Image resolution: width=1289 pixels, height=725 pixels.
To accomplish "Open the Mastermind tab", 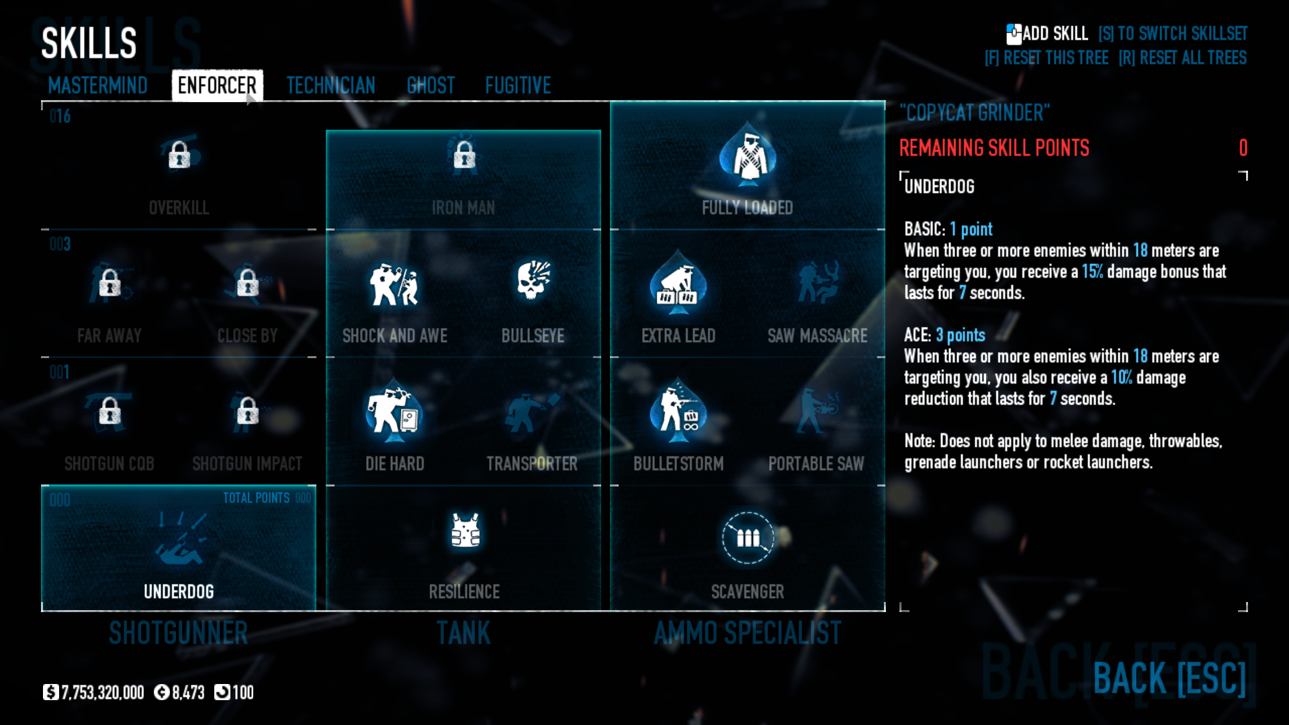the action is point(97,85).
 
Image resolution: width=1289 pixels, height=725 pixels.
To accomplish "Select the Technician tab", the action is point(330,85).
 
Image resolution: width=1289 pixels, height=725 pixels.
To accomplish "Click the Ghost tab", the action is point(431,85).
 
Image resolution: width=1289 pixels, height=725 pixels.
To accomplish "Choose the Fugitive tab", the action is point(518,85).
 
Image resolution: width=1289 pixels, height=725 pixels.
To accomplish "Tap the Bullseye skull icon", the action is point(533,281).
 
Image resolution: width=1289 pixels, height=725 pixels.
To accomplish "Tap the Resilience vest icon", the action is point(465,531).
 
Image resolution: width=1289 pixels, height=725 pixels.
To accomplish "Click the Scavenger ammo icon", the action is point(748,538).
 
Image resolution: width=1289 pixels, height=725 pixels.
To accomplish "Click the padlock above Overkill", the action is point(179,155).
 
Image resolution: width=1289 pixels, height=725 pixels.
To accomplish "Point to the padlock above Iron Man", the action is point(464,155).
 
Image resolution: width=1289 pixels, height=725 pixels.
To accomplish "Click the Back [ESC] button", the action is point(1169,678).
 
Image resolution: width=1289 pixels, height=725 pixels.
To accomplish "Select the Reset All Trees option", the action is point(1182,58).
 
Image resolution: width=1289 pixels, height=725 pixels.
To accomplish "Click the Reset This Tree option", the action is point(1047,58).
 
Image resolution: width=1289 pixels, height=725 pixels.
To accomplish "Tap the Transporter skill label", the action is point(532,464).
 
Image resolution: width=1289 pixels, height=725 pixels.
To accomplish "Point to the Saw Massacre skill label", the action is point(817,335).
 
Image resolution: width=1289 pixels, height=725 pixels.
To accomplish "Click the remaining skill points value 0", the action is point(1243,148).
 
